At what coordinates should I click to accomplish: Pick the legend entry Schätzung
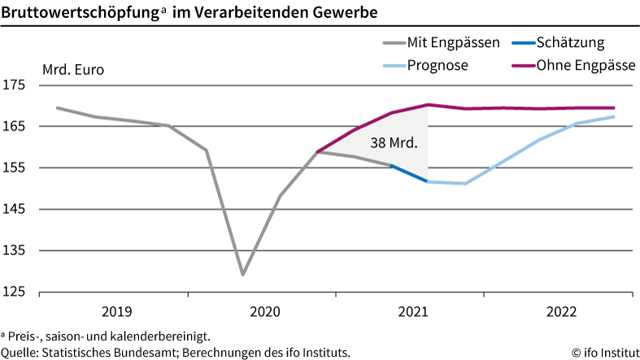click(570, 43)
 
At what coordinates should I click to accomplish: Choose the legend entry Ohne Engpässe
click(585, 65)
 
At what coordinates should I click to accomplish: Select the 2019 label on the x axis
click(116, 311)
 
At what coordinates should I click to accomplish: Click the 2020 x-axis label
click(264, 311)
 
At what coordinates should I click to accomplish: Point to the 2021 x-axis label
click(412, 311)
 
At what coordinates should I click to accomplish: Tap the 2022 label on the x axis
click(561, 311)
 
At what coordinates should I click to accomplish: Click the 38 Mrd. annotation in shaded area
click(394, 143)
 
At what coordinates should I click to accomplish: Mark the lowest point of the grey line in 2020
click(242, 275)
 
